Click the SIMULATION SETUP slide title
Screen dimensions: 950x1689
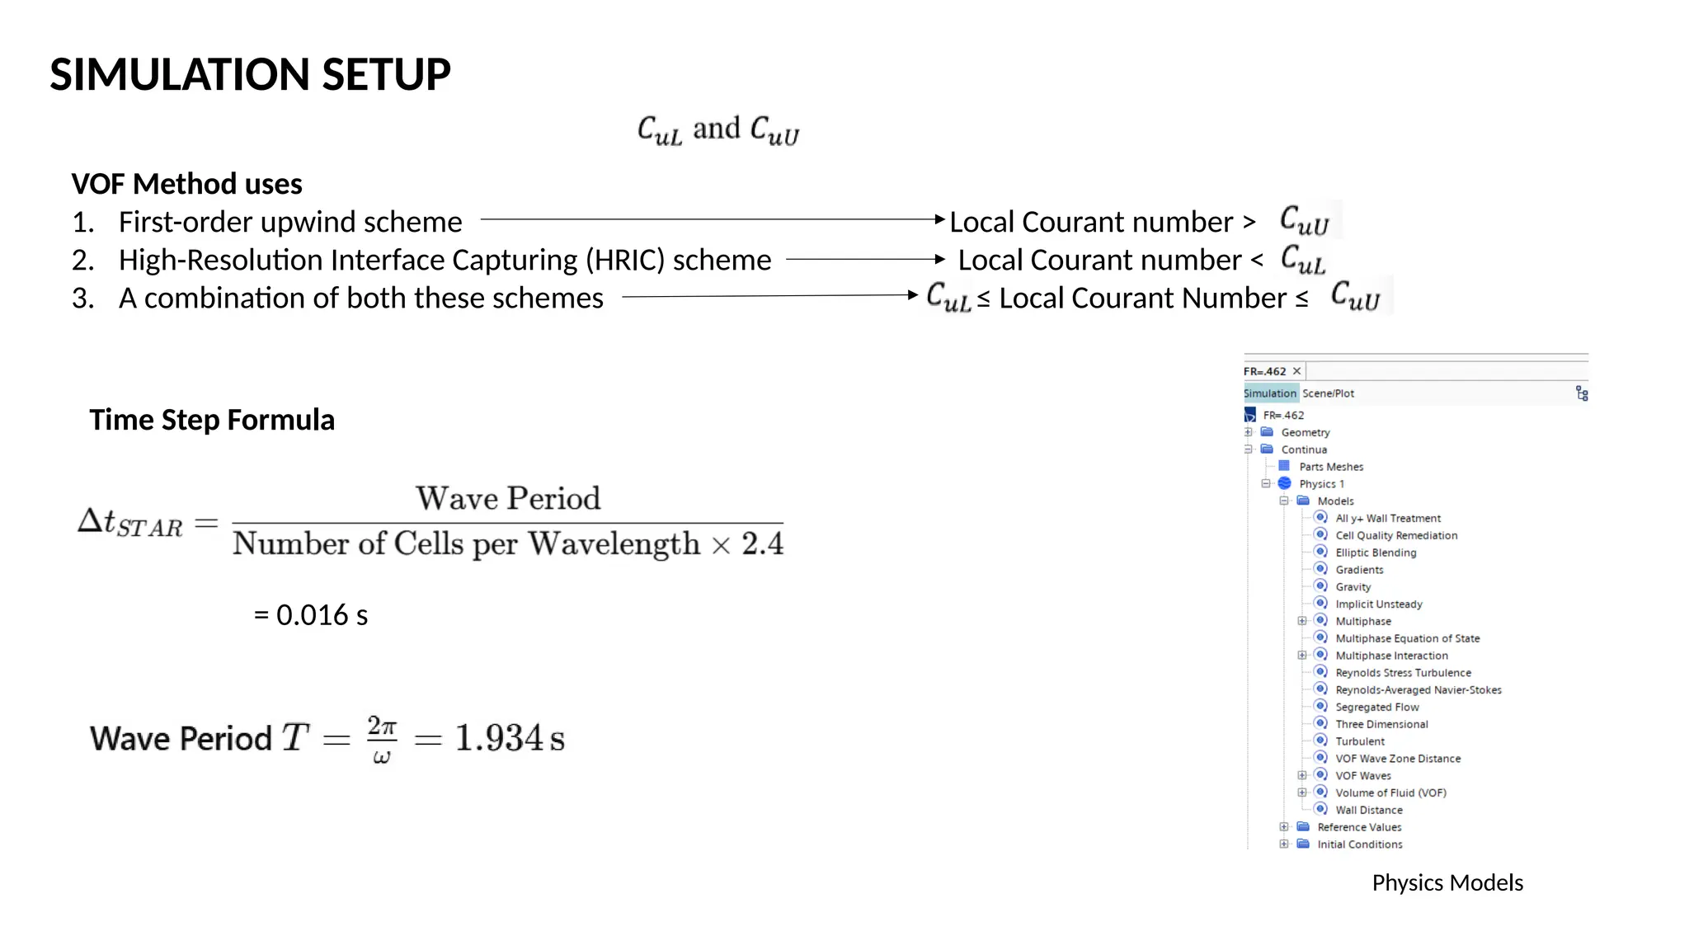(x=250, y=74)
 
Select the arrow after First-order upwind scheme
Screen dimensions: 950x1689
(x=712, y=219)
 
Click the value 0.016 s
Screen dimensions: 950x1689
(x=322, y=615)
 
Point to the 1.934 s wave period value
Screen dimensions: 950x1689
(x=510, y=737)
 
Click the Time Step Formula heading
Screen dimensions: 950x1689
(x=212, y=420)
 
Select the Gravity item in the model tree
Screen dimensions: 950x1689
(x=1353, y=587)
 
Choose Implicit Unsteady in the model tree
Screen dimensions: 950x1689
(x=1378, y=604)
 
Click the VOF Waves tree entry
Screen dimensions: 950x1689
(x=1362, y=776)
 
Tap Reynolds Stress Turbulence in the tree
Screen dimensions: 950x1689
(x=1403, y=673)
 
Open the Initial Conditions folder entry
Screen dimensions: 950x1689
(x=1359, y=844)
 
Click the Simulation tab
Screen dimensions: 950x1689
(x=1270, y=393)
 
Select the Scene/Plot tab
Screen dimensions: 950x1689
(x=1328, y=393)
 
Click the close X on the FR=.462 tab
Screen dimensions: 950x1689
(x=1296, y=371)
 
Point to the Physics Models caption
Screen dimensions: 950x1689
(x=1447, y=882)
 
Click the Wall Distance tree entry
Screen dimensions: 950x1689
(x=1368, y=810)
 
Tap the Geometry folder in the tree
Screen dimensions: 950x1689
(x=1305, y=432)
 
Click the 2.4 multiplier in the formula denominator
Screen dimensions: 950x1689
(x=762, y=543)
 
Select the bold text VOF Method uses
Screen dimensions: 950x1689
(x=187, y=184)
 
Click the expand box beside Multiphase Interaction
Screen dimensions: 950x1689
(x=1302, y=656)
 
